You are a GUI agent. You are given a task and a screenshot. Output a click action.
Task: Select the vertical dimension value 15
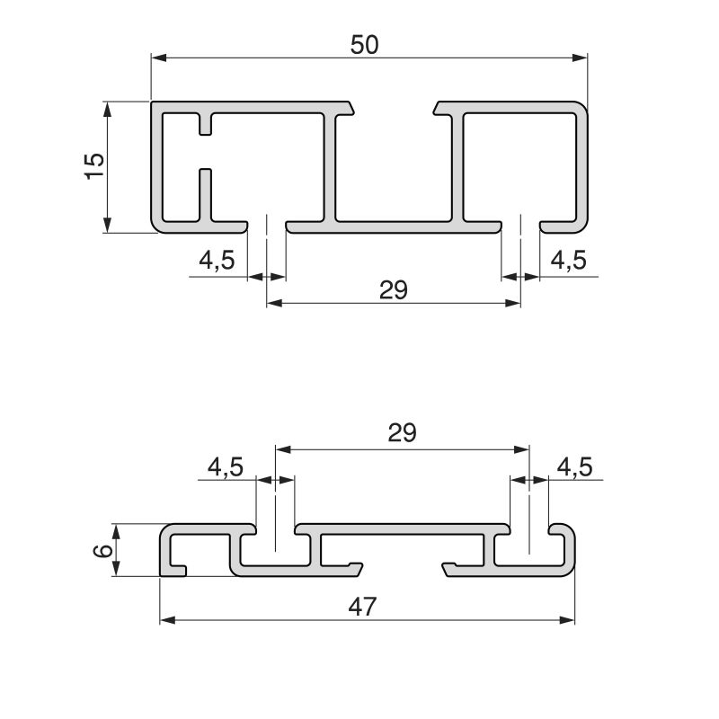93,165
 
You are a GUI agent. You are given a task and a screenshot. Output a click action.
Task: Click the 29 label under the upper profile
394,288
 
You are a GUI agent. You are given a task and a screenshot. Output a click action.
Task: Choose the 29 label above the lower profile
402,433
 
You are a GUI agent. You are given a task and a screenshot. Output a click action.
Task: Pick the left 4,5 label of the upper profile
217,261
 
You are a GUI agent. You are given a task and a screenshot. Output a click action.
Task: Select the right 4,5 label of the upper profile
567,261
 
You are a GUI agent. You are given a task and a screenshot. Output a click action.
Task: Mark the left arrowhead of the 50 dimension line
159,58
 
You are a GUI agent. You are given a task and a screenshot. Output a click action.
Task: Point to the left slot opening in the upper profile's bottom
267,224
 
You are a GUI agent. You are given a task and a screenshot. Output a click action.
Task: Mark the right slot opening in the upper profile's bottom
520,224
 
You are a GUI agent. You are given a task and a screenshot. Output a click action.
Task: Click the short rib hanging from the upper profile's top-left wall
206,123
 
